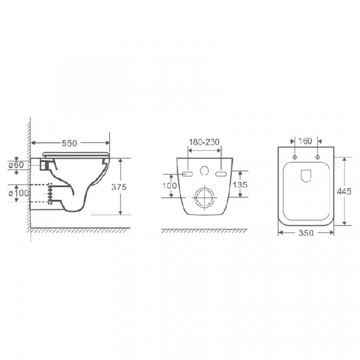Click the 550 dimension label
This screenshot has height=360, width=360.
coord(69,143)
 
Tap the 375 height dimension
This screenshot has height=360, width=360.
coord(119,187)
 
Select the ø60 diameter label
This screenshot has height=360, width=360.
coord(16,165)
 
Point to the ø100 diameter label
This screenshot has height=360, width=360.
coord(19,193)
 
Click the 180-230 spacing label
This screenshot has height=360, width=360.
coord(204,142)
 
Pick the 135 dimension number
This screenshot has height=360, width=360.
coord(240,185)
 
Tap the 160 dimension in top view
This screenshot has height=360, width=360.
coord(305,141)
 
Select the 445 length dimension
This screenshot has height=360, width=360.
coord(344,191)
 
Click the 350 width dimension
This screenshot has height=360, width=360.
coord(306,233)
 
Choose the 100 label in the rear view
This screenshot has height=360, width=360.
coord(169,185)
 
